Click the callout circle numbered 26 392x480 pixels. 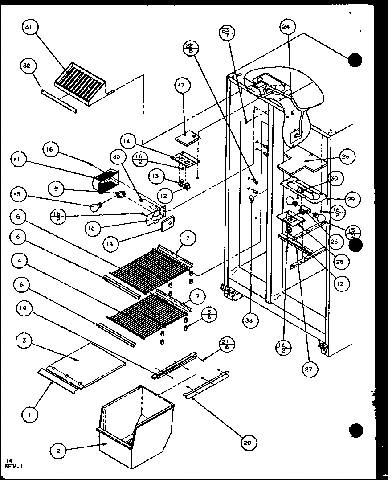pyautogui.click(x=346, y=157)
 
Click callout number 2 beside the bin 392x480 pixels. pyautogui.click(x=58, y=451)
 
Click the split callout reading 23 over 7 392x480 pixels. pyautogui.click(x=227, y=33)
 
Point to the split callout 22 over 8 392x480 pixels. pyautogui.click(x=190, y=47)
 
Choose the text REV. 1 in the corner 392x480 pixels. pyautogui.click(x=15, y=467)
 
